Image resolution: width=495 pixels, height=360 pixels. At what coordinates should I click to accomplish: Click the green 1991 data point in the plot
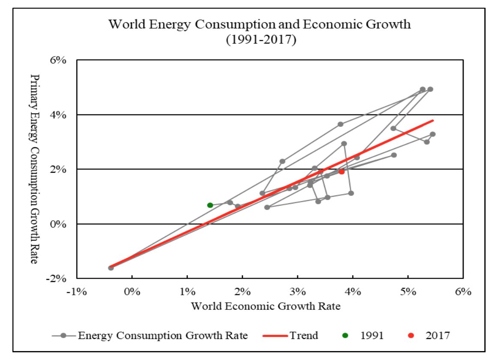[x=210, y=205]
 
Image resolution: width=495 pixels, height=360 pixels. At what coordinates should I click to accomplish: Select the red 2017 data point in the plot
[x=342, y=171]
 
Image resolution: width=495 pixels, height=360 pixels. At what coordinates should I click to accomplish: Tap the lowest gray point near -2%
[x=111, y=268]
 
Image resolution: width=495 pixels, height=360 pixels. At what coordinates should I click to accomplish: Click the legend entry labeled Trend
[x=304, y=336]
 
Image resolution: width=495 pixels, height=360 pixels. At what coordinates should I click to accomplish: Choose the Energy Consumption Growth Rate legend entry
[x=163, y=336]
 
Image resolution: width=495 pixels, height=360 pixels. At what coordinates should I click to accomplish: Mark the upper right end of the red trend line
[x=433, y=120]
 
